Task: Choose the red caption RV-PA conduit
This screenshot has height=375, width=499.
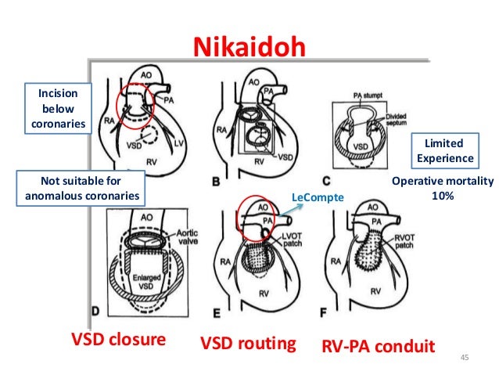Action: coord(377,344)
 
